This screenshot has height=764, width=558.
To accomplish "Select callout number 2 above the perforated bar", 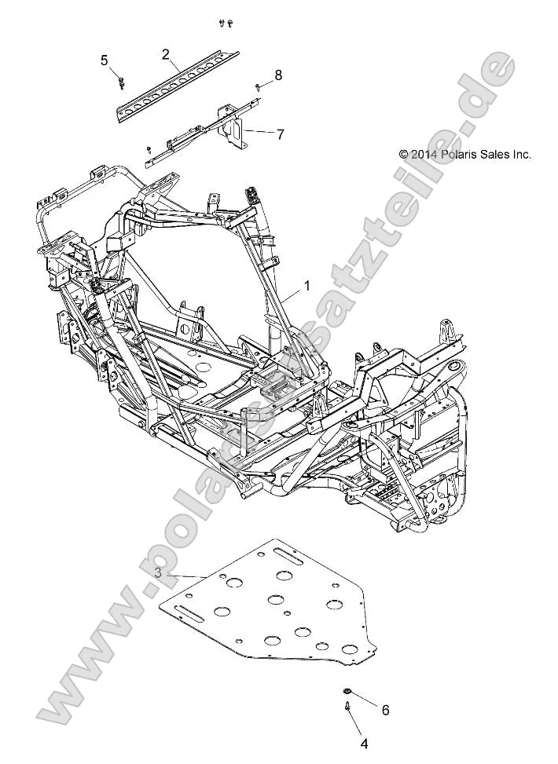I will click(166, 54).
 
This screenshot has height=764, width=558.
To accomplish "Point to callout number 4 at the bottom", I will click(364, 743).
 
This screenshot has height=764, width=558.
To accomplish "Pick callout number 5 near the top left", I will click(104, 60).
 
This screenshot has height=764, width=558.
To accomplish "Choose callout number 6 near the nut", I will click(385, 711).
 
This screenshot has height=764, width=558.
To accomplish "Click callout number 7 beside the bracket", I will click(280, 134).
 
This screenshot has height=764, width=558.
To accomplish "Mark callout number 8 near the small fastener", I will click(277, 75).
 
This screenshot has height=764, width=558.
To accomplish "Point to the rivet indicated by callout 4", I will click(347, 708).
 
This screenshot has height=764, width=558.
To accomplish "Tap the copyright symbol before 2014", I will click(404, 155).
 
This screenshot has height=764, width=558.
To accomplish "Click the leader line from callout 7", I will click(258, 132).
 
